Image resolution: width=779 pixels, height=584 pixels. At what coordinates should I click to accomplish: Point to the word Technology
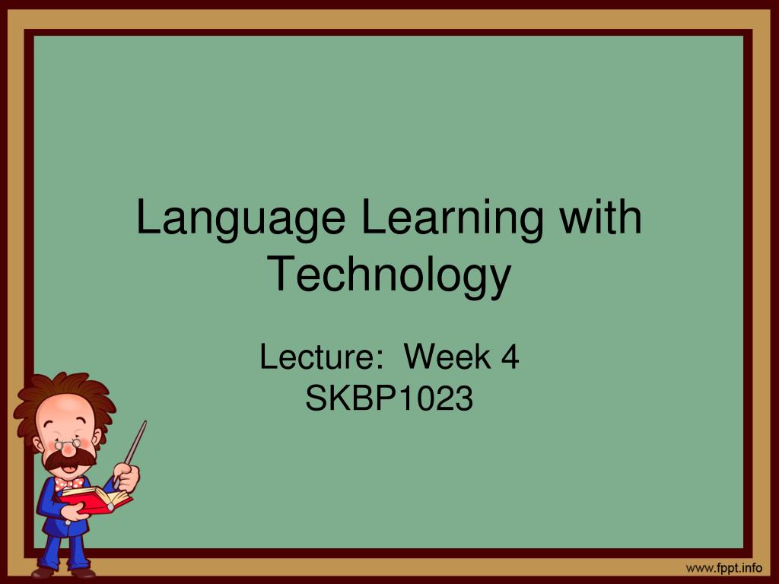389,275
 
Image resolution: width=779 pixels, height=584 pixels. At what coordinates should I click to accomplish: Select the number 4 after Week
510,357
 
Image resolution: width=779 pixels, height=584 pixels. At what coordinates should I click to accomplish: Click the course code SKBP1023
389,398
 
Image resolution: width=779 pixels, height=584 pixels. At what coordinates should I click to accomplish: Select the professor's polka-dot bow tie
68,482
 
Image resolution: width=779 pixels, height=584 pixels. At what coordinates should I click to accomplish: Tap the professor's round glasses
68,443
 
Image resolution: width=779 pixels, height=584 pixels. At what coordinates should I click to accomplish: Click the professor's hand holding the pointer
126,476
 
